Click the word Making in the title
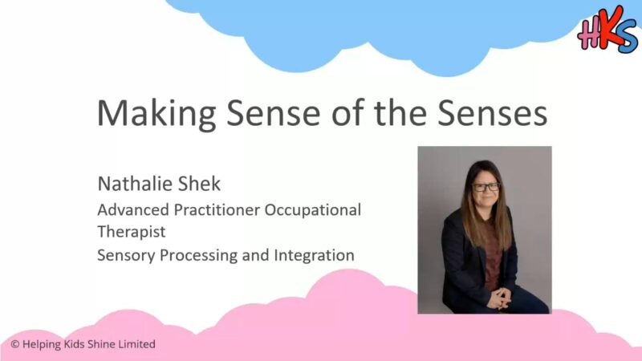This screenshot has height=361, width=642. pyautogui.click(x=156, y=114)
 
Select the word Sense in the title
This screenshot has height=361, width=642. pyautogui.click(x=273, y=113)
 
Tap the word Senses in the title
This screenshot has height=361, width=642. pyautogui.click(x=492, y=113)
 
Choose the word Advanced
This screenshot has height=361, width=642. pyautogui.click(x=133, y=209)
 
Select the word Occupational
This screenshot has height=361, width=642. pyautogui.click(x=313, y=211)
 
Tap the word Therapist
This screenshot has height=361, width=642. pyautogui.click(x=132, y=233)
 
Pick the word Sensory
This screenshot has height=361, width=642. pyautogui.click(x=126, y=256)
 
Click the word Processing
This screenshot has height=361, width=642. pyautogui.click(x=198, y=256)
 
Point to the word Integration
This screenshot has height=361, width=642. pyautogui.click(x=314, y=256)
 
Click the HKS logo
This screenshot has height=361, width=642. pyautogui.click(x=607, y=30)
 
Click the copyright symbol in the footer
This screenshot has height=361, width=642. pyautogui.click(x=15, y=344)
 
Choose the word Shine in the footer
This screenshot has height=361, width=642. pyautogui.click(x=101, y=344)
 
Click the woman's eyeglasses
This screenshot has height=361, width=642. pyautogui.click(x=486, y=188)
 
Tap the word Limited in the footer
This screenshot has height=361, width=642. pyautogui.click(x=136, y=344)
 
